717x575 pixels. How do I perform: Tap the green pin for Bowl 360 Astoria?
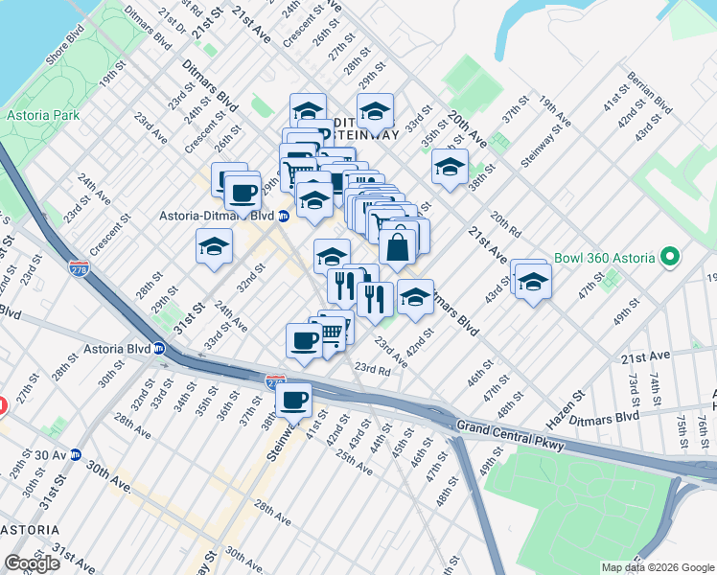click(x=670, y=258)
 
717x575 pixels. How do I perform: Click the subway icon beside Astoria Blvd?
click(x=163, y=348)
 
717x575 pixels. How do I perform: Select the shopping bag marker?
click(x=397, y=247)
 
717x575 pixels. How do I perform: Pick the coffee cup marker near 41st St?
click(x=294, y=400)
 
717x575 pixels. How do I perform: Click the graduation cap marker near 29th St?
click(x=215, y=245)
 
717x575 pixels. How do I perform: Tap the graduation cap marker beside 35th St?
click(x=450, y=167)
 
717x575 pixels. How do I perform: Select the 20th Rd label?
click(x=505, y=223)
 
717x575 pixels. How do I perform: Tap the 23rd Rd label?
click(x=372, y=369)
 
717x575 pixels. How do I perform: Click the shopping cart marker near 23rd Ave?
click(x=331, y=332)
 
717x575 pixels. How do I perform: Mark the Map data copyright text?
click(x=658, y=567)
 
